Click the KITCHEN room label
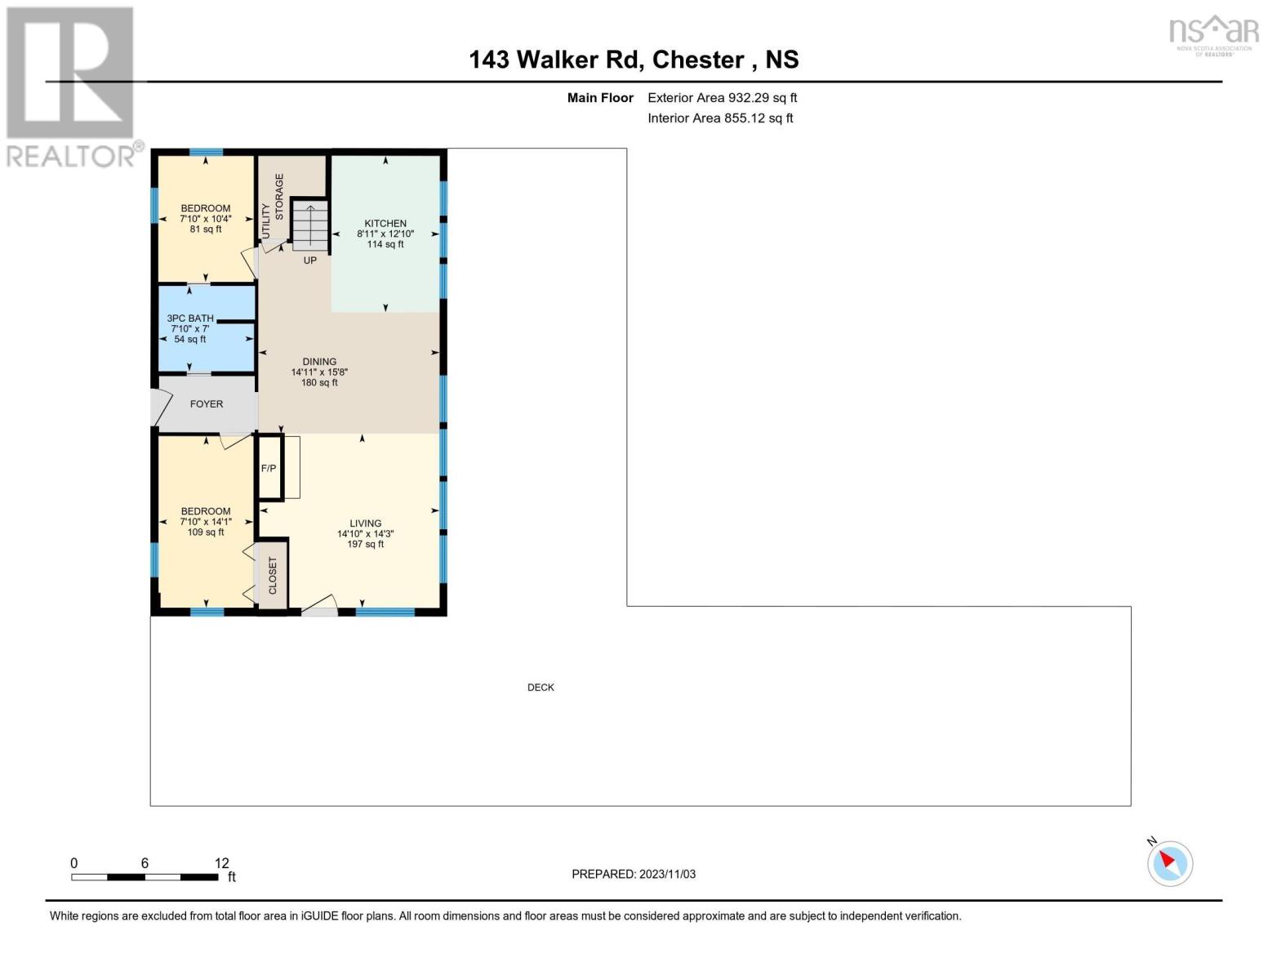coord(385,223)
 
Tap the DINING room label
coord(319,362)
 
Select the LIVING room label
coord(365,523)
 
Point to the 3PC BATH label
coord(190,318)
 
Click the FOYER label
coord(207,404)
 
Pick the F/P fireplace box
coord(269,468)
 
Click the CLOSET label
coord(273,576)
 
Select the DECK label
coord(541,688)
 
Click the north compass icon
coord(1169,862)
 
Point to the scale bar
coord(145,877)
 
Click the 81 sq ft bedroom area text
coord(206,229)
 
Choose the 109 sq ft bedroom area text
coord(206,532)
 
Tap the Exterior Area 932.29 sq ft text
coord(722,98)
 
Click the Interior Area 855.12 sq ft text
coord(720,118)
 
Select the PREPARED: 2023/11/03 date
coord(634,875)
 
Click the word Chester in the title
coord(698,60)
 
